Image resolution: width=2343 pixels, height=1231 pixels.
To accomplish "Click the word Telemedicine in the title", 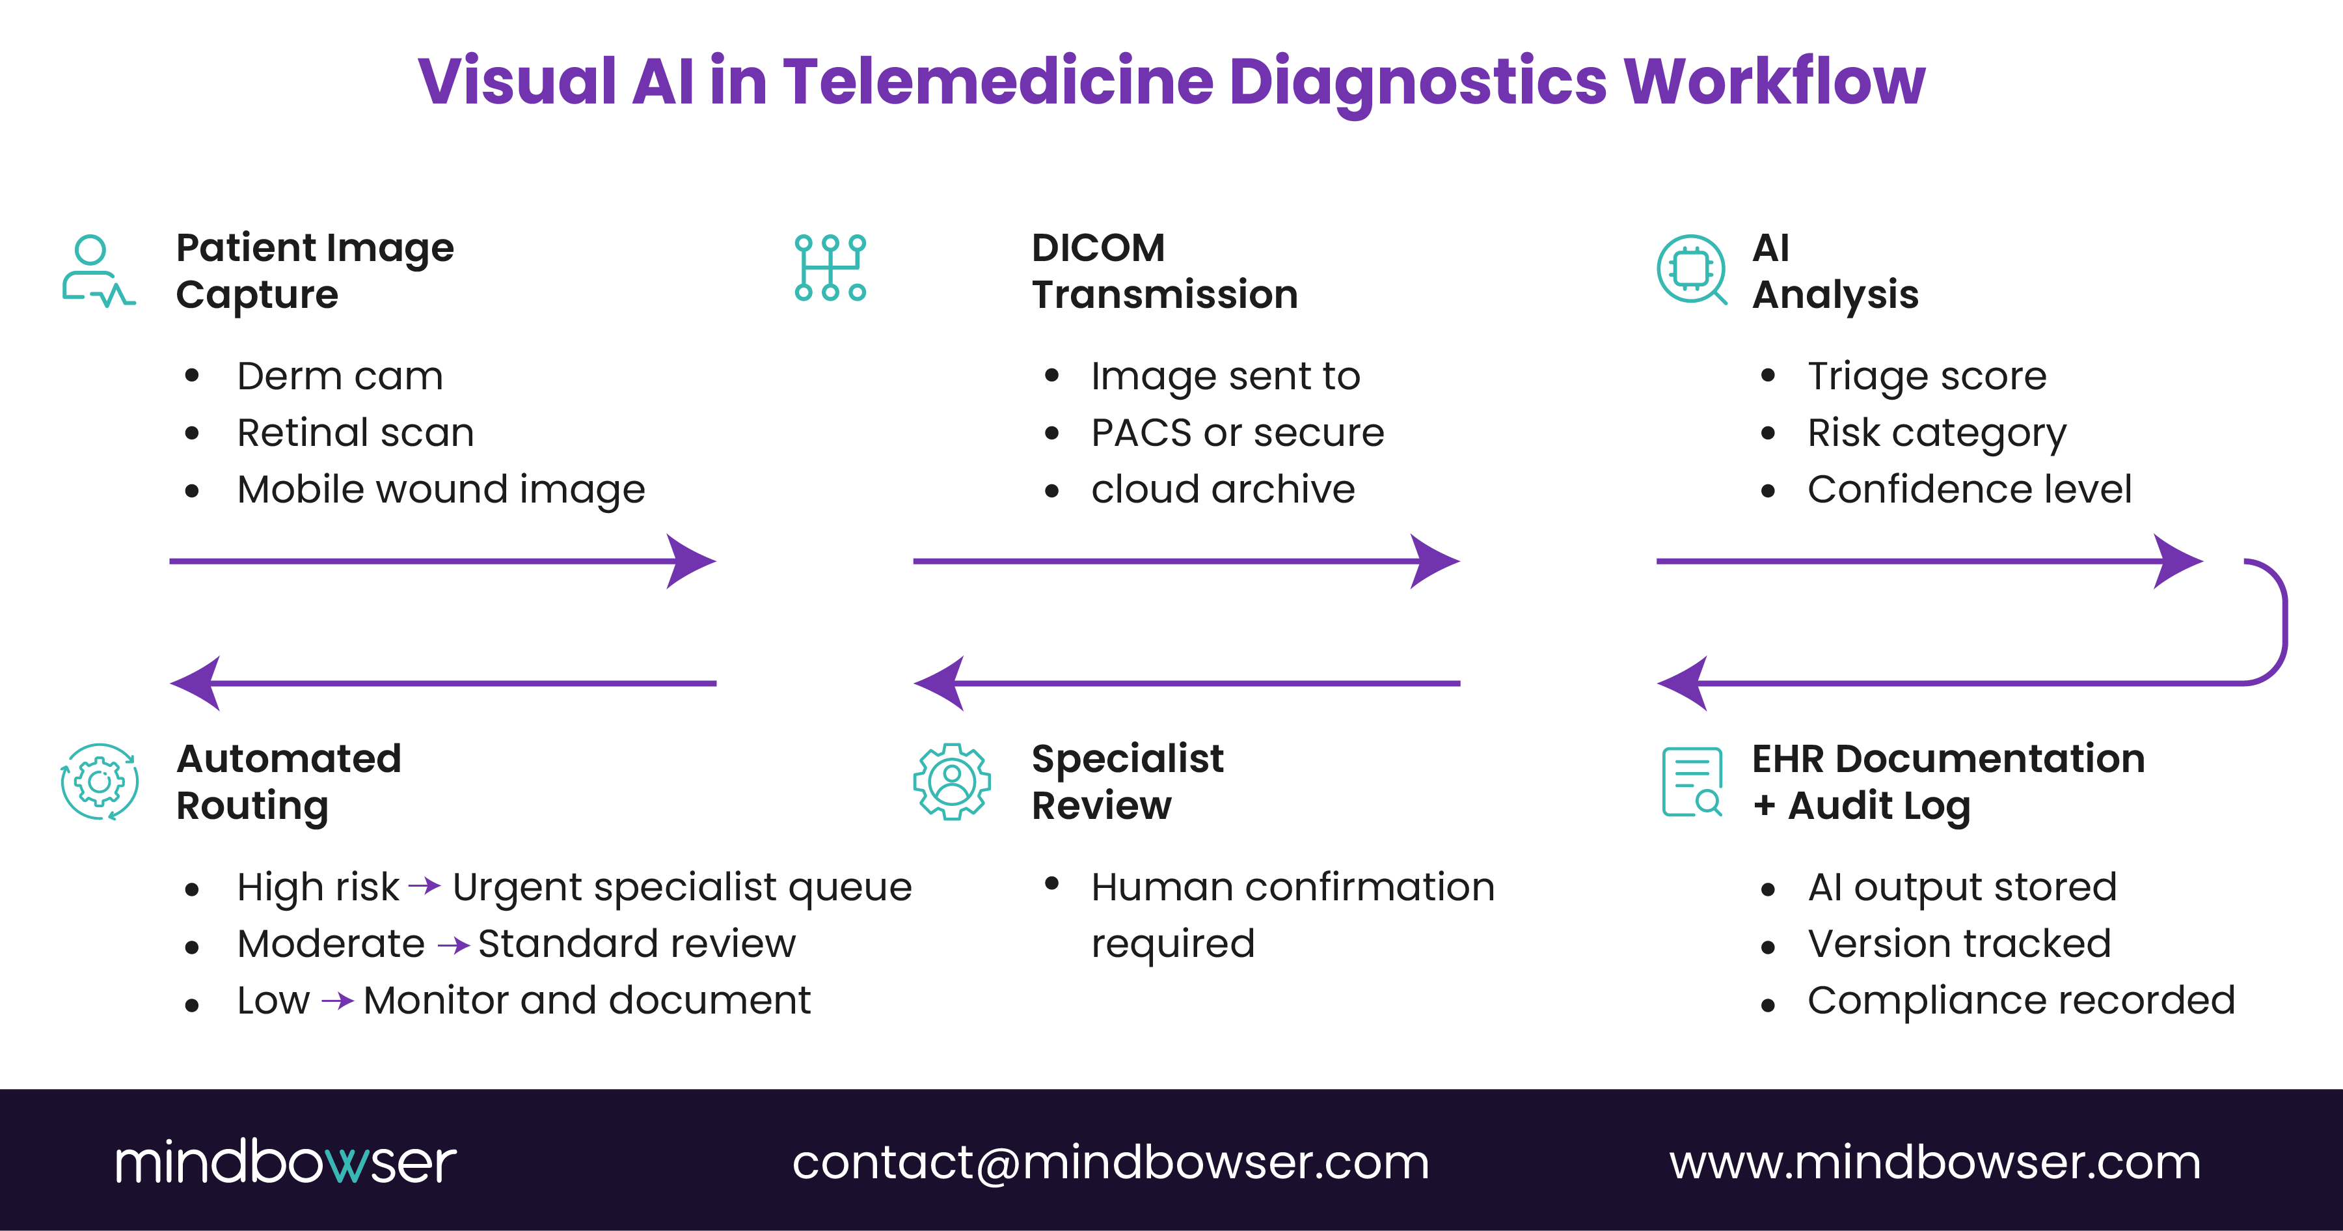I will coord(998,82).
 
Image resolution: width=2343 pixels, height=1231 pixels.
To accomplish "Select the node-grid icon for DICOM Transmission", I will coord(830,268).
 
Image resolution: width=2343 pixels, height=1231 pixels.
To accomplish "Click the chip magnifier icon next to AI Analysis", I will coord(1691,270).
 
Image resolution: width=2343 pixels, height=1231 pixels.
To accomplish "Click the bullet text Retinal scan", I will coord(355,433).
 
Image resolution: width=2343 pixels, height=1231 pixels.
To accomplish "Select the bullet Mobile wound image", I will coord(440,490).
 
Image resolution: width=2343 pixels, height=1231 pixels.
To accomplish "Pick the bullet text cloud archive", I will coord(1223,490).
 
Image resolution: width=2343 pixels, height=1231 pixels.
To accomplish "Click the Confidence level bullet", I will coord(1968,490).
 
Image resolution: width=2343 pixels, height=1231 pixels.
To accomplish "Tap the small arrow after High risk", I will coord(425,885).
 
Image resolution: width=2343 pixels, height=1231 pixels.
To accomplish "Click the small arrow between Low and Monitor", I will coord(338,1001).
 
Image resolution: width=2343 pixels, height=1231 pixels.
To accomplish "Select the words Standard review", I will coord(637,943).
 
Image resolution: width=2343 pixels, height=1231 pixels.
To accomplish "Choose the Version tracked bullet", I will coord(1958,943).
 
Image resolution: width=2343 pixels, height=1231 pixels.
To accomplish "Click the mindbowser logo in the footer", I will coord(285,1162).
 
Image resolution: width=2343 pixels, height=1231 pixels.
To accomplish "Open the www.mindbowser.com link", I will coord(1934,1163).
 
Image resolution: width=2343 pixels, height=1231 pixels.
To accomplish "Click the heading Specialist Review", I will coord(1127,782).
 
